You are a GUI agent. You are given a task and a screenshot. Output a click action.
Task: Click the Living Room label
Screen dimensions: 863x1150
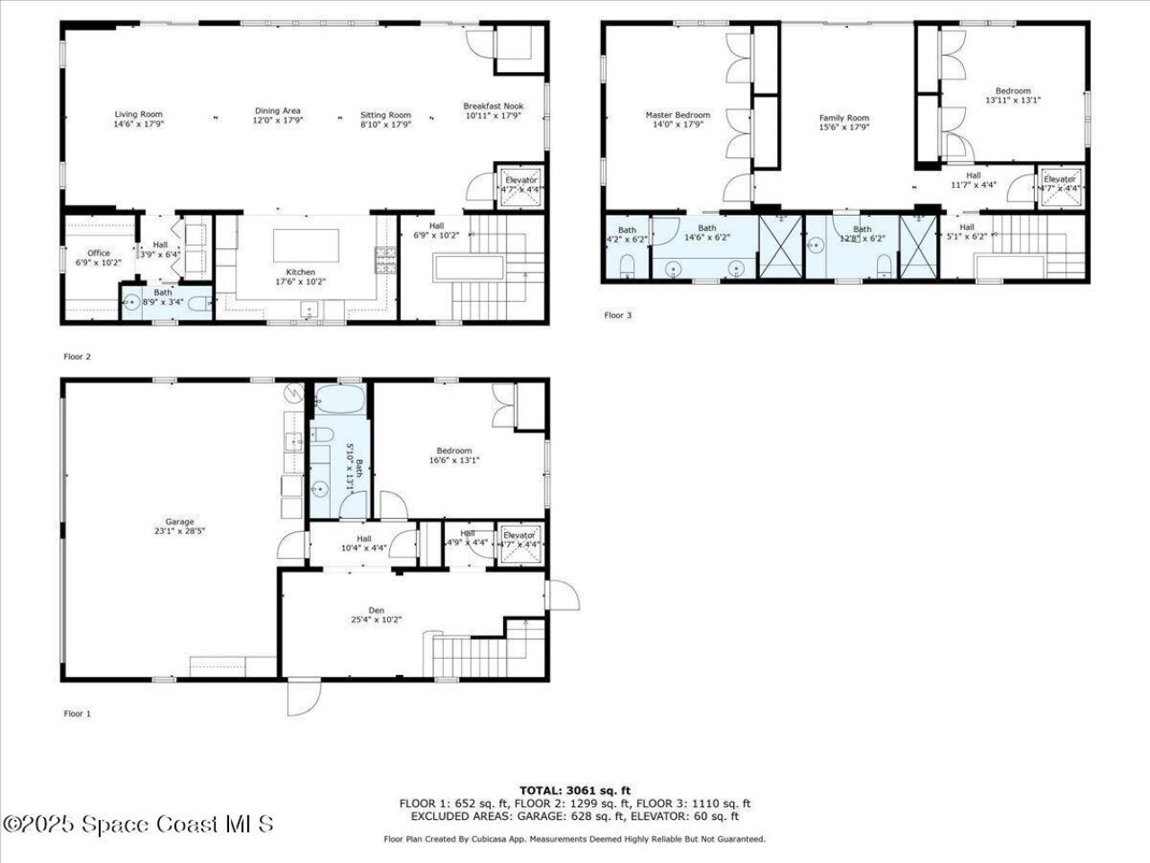pos(138,114)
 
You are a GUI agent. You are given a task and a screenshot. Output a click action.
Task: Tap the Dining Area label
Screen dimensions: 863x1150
pos(277,111)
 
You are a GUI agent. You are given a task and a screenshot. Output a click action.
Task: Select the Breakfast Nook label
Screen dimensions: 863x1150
pos(493,106)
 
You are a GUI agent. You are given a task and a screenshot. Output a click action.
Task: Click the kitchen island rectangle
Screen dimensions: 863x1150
pos(306,245)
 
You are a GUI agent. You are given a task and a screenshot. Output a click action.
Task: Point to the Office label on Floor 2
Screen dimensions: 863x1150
pos(98,254)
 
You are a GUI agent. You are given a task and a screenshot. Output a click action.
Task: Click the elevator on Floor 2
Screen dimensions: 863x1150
pos(520,185)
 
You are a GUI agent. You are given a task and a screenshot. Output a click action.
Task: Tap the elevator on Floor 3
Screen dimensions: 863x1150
pos(1059,183)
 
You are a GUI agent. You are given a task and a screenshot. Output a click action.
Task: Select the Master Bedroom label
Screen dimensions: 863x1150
pos(677,115)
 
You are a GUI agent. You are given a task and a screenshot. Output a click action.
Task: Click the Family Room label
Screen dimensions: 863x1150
pos(844,118)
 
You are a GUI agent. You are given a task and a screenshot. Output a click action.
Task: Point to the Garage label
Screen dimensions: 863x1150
pos(180,521)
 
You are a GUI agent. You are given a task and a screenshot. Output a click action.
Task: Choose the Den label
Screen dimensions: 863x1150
pos(376,610)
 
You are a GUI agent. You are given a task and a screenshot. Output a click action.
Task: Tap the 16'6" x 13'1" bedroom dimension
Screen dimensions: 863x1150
pos(454,461)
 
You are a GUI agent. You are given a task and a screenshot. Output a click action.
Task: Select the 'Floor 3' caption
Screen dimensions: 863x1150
pos(617,316)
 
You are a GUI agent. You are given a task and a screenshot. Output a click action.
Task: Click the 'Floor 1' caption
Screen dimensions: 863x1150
pos(77,714)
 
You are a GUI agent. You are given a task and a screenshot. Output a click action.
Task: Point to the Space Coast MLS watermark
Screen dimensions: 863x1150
pos(138,823)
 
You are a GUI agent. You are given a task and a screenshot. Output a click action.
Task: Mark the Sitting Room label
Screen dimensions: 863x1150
pos(385,115)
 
